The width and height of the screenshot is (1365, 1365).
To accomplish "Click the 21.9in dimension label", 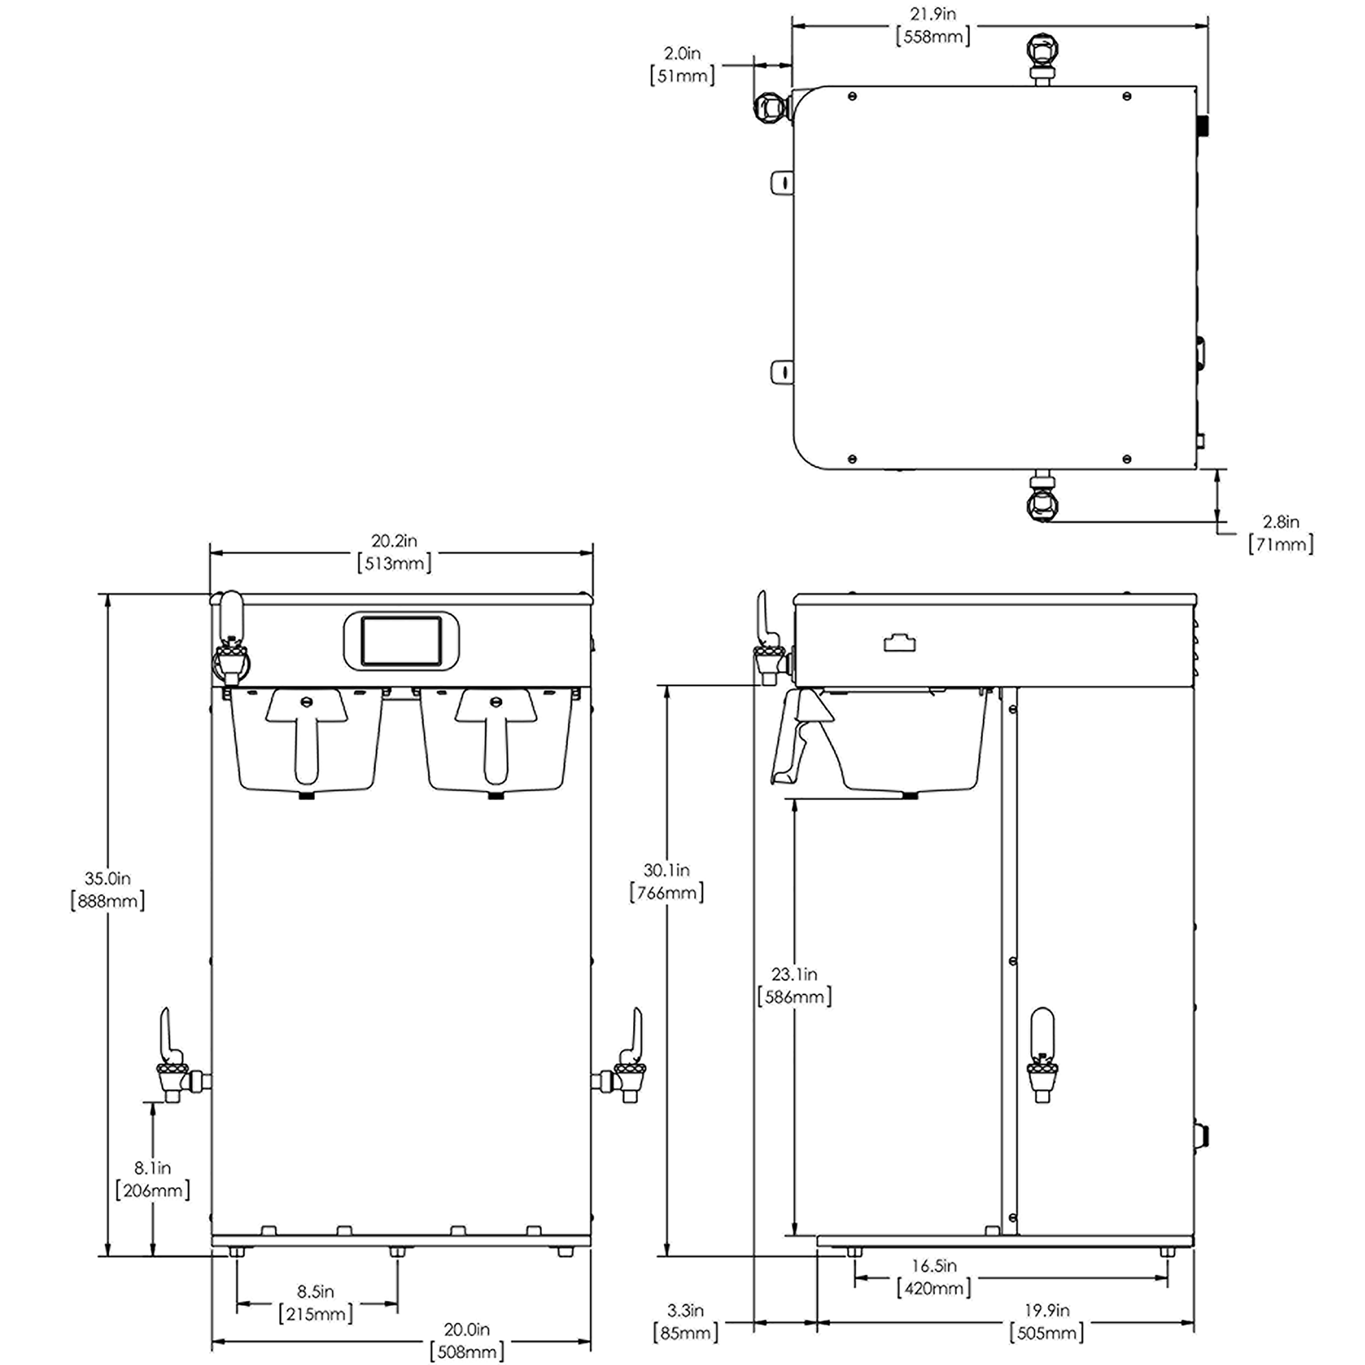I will click(933, 14).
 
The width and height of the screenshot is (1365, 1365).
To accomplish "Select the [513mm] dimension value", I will click(394, 563).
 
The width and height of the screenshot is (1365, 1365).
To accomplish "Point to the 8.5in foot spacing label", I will click(315, 1291).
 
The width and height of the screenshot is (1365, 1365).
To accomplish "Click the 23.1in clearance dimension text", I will click(794, 974).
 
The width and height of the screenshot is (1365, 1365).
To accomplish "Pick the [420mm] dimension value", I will click(933, 1288).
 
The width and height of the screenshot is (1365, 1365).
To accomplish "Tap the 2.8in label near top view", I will click(1281, 521).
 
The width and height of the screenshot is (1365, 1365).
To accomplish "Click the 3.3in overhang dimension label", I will click(685, 1310).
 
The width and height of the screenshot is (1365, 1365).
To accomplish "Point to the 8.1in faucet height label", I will click(153, 1167).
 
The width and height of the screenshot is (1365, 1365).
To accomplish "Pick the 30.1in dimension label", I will click(666, 870).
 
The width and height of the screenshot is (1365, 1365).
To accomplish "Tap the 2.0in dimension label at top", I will click(682, 53).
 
